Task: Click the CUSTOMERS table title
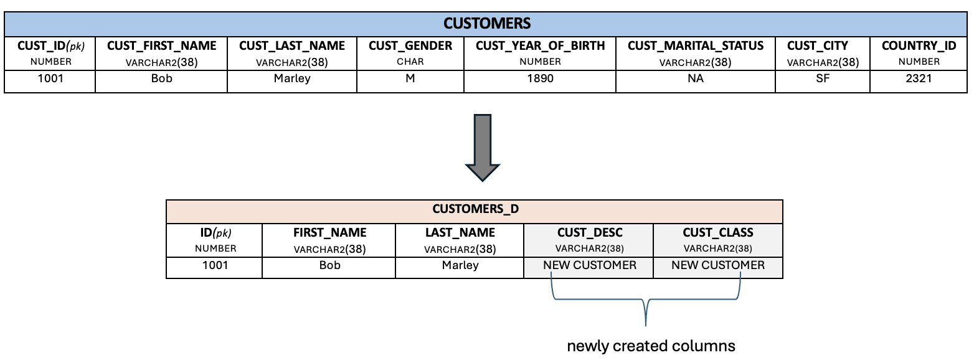[x=486, y=24]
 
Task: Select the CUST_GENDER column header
[x=410, y=46]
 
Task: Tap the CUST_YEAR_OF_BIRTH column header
[x=540, y=46]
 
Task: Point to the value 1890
[x=540, y=79]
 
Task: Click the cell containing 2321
[x=919, y=79]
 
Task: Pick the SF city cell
[x=823, y=79]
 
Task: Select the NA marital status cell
[x=696, y=79]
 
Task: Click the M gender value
[x=410, y=79]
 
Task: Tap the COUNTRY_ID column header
[x=919, y=46]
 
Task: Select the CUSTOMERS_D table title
[x=475, y=209]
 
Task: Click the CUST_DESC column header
[x=589, y=233]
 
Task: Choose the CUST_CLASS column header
[x=718, y=233]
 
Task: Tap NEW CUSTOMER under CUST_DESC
[x=589, y=265]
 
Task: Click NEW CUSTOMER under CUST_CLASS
[x=718, y=265]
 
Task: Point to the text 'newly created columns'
[x=651, y=346]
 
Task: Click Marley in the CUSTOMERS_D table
[x=460, y=265]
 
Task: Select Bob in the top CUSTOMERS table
[x=162, y=79]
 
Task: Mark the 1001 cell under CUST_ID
[x=50, y=79]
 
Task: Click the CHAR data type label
[x=410, y=62]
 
